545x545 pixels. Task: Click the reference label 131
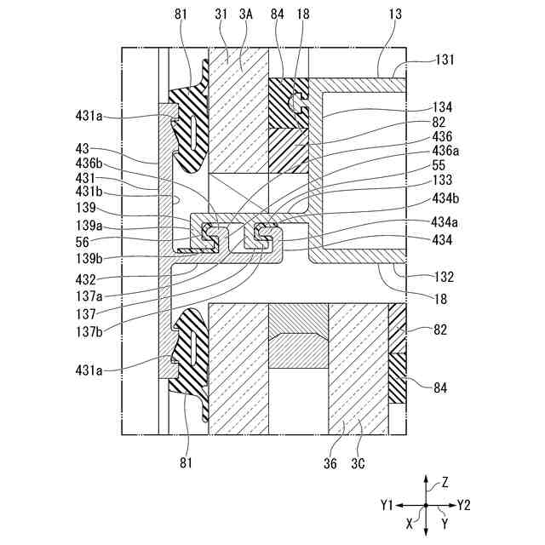click(444, 60)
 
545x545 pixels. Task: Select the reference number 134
click(442, 108)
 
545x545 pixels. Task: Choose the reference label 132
click(442, 277)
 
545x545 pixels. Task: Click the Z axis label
click(445, 482)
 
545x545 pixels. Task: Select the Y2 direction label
click(463, 505)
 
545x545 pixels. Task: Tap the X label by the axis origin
click(410, 525)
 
